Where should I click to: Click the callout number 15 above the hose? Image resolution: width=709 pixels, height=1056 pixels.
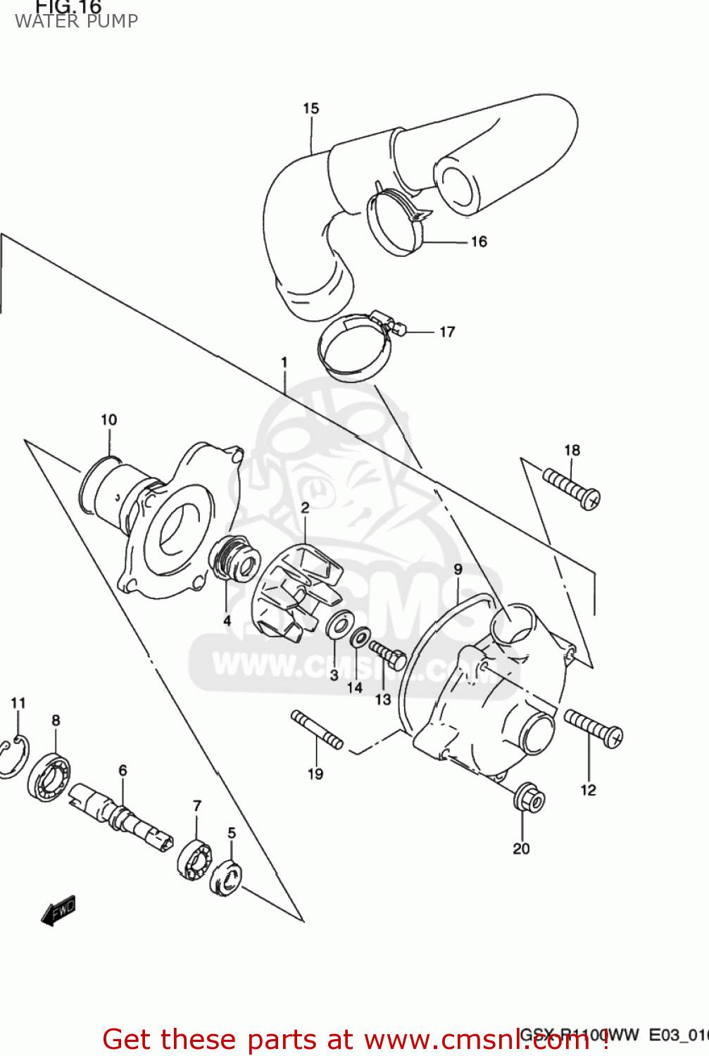pos(310,108)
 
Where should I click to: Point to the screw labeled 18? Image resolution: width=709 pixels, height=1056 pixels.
pos(571,487)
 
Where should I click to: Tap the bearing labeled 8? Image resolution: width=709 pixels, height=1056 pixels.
pos(49,776)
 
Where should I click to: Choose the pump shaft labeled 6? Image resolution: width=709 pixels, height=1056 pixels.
pos(120,816)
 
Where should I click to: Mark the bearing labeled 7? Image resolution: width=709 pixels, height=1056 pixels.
pos(194,859)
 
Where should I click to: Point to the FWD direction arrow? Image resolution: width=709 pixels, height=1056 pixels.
pos(58,910)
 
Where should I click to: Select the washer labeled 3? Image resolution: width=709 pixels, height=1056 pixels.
pos(341,625)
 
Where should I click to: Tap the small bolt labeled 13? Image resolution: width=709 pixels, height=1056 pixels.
pos(387,655)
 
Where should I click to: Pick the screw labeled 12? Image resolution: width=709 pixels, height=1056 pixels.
pos(594,728)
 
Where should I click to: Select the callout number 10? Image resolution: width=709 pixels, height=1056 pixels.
pos(108,420)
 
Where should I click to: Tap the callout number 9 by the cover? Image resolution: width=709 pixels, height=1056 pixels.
pos(458,570)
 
